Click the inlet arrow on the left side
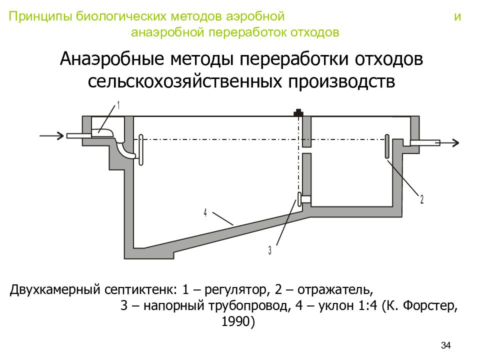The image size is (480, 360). [51, 135]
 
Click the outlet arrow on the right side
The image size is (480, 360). [449, 142]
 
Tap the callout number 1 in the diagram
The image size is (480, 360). [118, 105]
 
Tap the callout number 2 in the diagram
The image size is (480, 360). [422, 199]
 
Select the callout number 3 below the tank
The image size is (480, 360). [269, 250]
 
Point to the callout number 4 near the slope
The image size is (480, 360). [205, 212]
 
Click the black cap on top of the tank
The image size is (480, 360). [298, 112]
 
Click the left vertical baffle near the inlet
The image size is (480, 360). [141, 150]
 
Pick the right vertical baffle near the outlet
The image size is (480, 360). [387, 146]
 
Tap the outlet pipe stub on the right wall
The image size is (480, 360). [425, 142]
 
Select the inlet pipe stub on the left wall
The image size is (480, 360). [79, 135]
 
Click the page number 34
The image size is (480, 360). [445, 345]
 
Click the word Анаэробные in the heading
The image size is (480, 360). [112, 59]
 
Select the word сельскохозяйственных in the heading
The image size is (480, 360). [184, 81]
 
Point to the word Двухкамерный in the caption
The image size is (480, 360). [55, 289]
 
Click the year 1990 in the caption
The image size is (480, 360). [236, 321]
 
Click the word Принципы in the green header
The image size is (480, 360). [40, 16]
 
